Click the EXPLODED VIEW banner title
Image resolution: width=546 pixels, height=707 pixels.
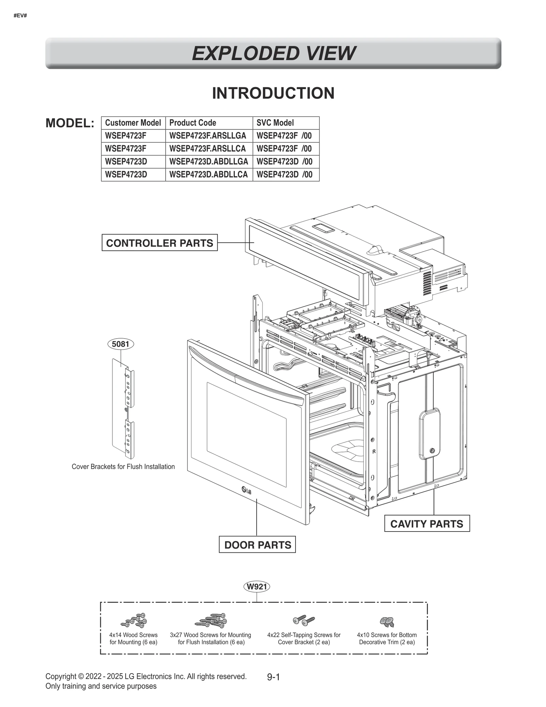point(273,54)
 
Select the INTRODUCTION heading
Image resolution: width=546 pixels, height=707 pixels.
point(273,93)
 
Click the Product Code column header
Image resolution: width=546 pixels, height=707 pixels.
point(192,123)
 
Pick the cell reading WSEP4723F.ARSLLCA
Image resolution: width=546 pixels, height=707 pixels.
point(207,149)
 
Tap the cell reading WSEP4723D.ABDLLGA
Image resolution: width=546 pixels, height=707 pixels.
point(209,161)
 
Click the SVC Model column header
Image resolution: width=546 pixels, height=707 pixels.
point(275,123)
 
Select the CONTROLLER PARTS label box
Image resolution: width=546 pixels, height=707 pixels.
point(159,243)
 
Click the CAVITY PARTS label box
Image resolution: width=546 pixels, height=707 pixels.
point(427,524)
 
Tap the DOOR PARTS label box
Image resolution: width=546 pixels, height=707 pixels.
point(257,545)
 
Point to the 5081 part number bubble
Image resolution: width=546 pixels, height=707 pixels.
point(120,344)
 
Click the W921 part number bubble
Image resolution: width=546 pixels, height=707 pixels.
point(257,586)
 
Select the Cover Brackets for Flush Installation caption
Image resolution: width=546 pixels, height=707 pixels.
point(123,467)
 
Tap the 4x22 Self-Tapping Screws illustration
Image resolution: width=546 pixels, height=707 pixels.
point(304,620)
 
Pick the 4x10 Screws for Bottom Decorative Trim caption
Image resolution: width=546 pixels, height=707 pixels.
point(387,638)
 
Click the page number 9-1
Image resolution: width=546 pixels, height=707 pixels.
point(273,677)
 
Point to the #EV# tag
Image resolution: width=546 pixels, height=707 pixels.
point(20,16)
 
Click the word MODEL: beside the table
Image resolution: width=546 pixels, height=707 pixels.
point(70,123)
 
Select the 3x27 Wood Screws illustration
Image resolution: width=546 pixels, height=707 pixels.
point(211,620)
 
